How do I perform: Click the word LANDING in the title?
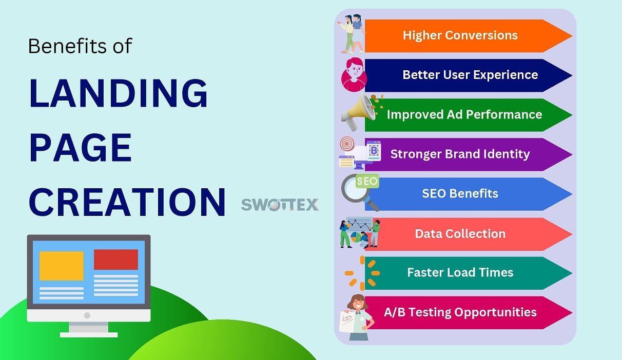click(x=118, y=93)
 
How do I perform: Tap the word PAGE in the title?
click(x=80, y=147)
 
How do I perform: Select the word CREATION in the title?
click(x=127, y=202)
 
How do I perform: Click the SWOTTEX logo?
click(x=280, y=205)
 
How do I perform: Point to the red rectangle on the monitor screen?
click(x=116, y=259)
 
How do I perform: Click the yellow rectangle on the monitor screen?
click(x=62, y=266)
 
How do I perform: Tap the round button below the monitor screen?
click(x=87, y=315)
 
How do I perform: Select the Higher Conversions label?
click(x=460, y=35)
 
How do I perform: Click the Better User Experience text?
click(x=470, y=75)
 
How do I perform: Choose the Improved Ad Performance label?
click(x=464, y=114)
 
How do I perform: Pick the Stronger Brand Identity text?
click(x=460, y=154)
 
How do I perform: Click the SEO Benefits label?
click(x=460, y=193)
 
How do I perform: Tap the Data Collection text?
click(x=460, y=234)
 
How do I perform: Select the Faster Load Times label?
click(x=460, y=272)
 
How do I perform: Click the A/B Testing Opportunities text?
click(x=460, y=312)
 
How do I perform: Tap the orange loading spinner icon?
click(x=362, y=273)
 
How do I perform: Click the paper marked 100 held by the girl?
click(x=347, y=321)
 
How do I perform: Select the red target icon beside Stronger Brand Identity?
click(x=347, y=144)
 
